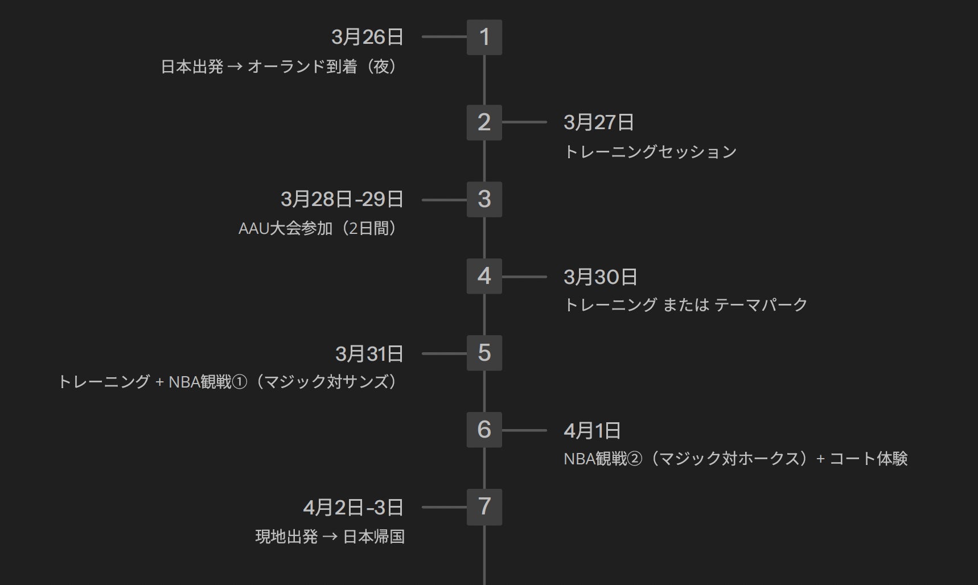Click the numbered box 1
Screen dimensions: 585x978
(484, 37)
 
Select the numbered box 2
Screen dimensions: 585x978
(484, 122)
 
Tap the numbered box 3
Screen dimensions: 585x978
(484, 199)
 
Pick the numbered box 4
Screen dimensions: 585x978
(484, 276)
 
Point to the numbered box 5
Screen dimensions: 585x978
(484, 353)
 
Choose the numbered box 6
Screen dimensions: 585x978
(484, 430)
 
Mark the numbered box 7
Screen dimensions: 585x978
(484, 506)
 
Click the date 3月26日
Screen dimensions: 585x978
(367, 37)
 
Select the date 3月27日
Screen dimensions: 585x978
(599, 122)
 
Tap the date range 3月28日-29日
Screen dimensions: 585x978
(342, 199)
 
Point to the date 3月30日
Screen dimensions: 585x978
(601, 277)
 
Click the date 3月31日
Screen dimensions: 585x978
(369, 354)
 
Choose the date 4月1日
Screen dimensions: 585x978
(592, 431)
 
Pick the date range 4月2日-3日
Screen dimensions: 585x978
(354, 508)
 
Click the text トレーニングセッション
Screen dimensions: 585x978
(650, 152)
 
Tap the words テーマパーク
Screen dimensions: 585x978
(761, 305)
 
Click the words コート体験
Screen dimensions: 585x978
(869, 459)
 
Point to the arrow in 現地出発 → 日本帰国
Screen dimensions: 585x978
(330, 537)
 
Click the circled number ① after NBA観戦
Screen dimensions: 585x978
(240, 382)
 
